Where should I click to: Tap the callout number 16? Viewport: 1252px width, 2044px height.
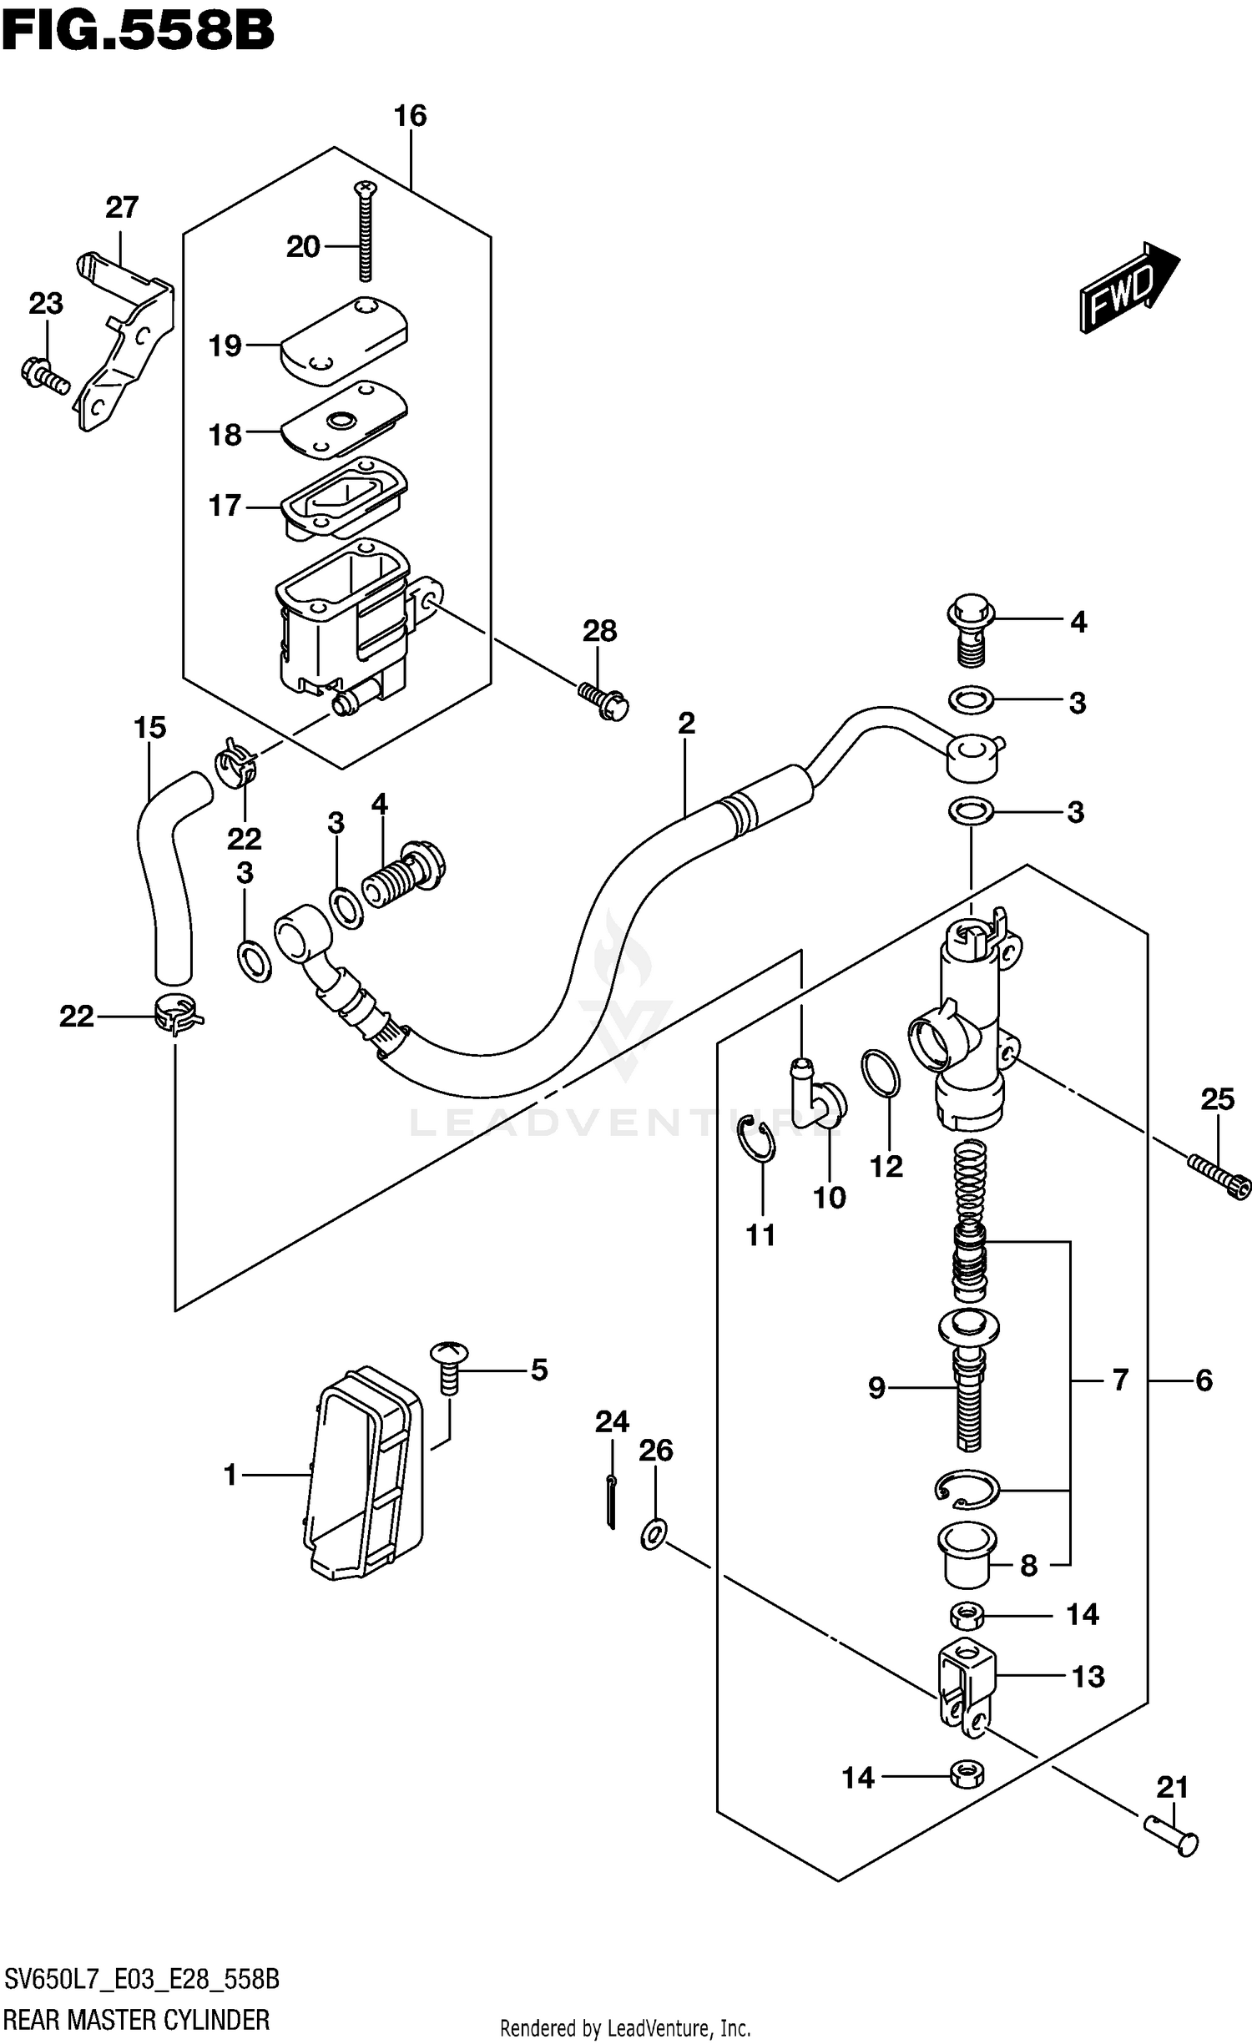coord(410,116)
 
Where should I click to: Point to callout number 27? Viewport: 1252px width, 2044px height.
coord(122,207)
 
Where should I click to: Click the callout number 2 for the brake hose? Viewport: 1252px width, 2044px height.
coord(686,723)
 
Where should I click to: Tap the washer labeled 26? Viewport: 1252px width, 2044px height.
coord(654,1534)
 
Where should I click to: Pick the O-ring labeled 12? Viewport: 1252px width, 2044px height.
coord(881,1074)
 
